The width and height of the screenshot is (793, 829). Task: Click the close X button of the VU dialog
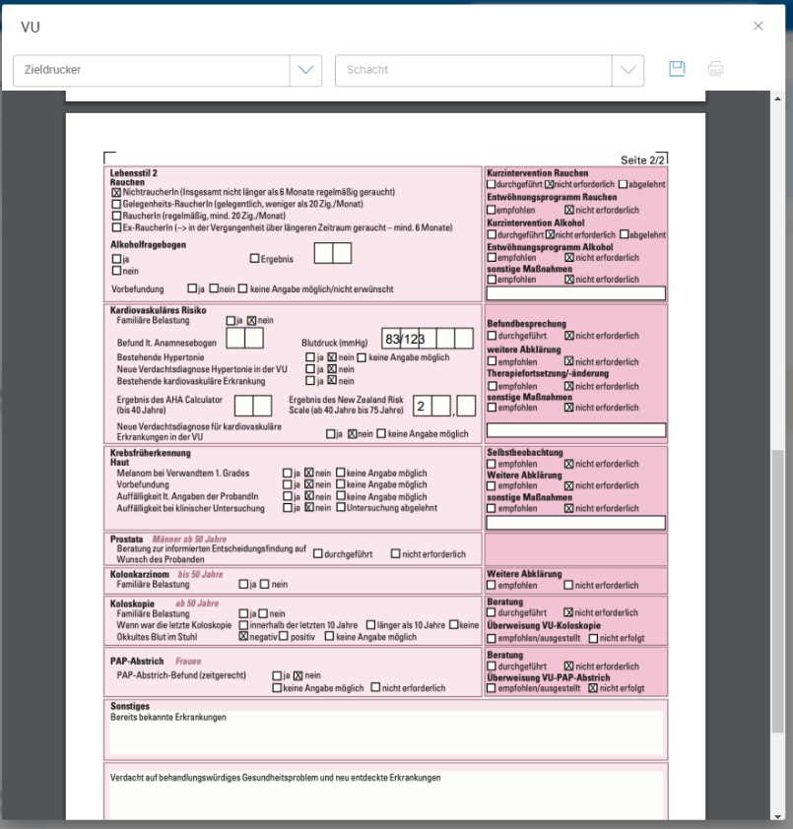(758, 27)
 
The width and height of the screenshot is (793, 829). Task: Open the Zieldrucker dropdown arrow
(304, 70)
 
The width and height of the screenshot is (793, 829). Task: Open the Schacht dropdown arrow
(627, 70)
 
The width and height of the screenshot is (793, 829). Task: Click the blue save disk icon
(677, 69)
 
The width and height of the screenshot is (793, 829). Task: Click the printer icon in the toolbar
(715, 69)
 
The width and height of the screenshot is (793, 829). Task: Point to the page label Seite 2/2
(643, 159)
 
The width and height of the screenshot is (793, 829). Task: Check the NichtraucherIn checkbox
(116, 193)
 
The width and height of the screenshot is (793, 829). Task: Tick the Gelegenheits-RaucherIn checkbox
(116, 204)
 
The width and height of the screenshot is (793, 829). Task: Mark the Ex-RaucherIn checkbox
(116, 227)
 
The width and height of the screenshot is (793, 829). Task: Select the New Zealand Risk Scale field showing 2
(421, 406)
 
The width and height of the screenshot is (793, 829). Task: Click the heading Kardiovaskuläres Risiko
(158, 310)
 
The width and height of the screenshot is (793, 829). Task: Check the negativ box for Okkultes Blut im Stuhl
(243, 637)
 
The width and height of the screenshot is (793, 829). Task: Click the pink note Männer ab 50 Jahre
(188, 540)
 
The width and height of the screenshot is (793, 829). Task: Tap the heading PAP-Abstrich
(137, 662)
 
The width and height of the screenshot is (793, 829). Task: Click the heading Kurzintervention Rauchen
(538, 173)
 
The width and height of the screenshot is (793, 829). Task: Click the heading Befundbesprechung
(526, 324)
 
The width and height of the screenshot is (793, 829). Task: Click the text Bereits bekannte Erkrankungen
(168, 717)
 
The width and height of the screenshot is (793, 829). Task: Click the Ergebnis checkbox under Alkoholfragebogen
(254, 259)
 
